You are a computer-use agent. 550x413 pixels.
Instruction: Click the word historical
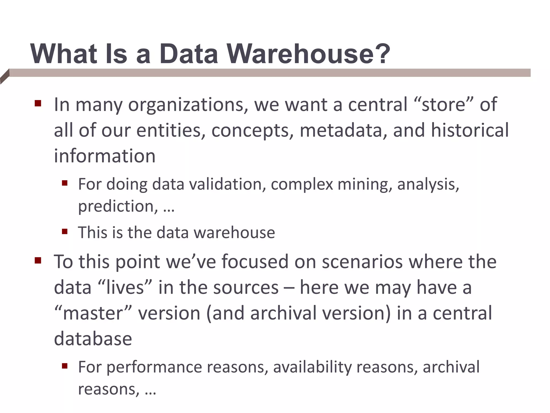(470, 130)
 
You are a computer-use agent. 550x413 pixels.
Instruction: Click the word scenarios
(362, 262)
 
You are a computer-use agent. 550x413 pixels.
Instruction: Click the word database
(93, 339)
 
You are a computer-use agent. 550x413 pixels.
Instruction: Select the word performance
(154, 367)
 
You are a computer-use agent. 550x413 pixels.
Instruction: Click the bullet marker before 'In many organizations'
(38, 104)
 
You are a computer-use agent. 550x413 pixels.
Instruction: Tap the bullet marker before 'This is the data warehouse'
(64, 232)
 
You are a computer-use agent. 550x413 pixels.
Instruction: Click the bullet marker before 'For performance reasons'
(64, 366)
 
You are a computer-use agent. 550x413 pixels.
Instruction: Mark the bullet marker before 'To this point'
(38, 261)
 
